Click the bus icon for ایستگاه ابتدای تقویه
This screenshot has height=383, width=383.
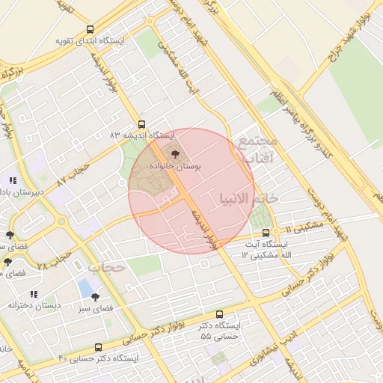(x=91, y=30)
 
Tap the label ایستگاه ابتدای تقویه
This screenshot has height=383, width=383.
(x=91, y=40)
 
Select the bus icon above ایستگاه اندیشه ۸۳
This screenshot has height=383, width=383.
(x=142, y=125)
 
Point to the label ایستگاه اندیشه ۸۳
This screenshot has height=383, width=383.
(x=141, y=135)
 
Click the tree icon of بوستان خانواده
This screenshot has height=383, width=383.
(x=176, y=154)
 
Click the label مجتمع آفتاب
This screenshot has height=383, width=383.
(x=256, y=149)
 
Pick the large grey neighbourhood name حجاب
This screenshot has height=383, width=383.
(x=105, y=266)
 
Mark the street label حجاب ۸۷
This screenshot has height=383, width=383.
(x=73, y=177)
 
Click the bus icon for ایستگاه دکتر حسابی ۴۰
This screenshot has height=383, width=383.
(x=99, y=348)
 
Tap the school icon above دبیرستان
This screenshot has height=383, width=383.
(x=13, y=180)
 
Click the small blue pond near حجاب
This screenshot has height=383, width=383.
(x=87, y=287)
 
